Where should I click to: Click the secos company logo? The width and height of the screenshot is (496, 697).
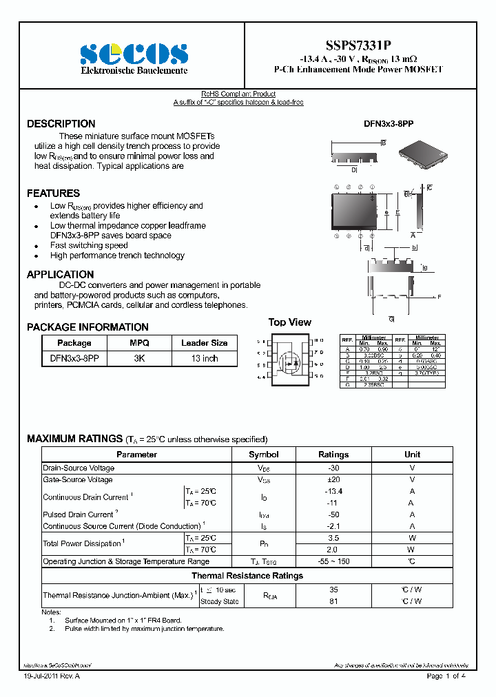133,54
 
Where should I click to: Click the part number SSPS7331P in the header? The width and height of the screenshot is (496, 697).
358,44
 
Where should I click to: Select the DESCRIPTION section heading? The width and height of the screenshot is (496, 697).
61,124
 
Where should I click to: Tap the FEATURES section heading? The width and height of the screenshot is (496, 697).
53,194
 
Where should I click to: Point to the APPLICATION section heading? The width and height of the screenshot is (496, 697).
60,275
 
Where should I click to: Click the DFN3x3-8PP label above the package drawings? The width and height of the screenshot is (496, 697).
388,124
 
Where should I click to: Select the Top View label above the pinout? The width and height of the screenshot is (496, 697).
289,322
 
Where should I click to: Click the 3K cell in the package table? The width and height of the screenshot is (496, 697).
139,359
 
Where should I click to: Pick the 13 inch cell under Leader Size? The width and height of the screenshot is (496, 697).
205,359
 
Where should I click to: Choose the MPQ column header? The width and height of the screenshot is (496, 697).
139,343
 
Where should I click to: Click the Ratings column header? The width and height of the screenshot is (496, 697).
333,455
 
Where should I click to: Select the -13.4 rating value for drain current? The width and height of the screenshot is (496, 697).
333,491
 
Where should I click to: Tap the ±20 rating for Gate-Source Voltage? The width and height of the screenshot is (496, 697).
333,479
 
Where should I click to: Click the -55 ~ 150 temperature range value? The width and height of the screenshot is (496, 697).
333,561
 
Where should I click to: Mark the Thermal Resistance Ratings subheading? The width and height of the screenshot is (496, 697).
247,576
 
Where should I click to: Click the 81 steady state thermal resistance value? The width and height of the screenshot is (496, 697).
333,601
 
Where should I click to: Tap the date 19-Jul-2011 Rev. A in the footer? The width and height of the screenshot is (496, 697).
52,676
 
